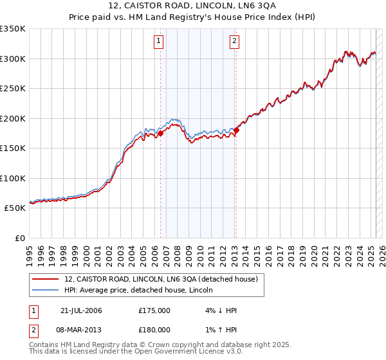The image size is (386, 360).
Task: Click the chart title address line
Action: click(x=192, y=6)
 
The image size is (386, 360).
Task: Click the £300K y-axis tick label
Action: click(x=12, y=59)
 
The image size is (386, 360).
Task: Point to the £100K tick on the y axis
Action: click(x=12, y=178)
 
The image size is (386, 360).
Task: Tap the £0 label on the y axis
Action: click(x=19, y=238)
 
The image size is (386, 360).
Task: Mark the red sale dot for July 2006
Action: click(x=161, y=133)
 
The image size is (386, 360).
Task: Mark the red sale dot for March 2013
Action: click(x=236, y=130)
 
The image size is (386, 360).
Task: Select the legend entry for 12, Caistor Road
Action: click(x=161, y=279)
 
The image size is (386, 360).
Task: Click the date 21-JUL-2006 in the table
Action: click(x=81, y=310)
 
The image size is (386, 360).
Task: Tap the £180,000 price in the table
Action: click(x=154, y=330)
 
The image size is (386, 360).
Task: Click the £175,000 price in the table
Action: click(x=154, y=310)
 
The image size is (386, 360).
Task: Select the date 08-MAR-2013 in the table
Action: click(x=82, y=330)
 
